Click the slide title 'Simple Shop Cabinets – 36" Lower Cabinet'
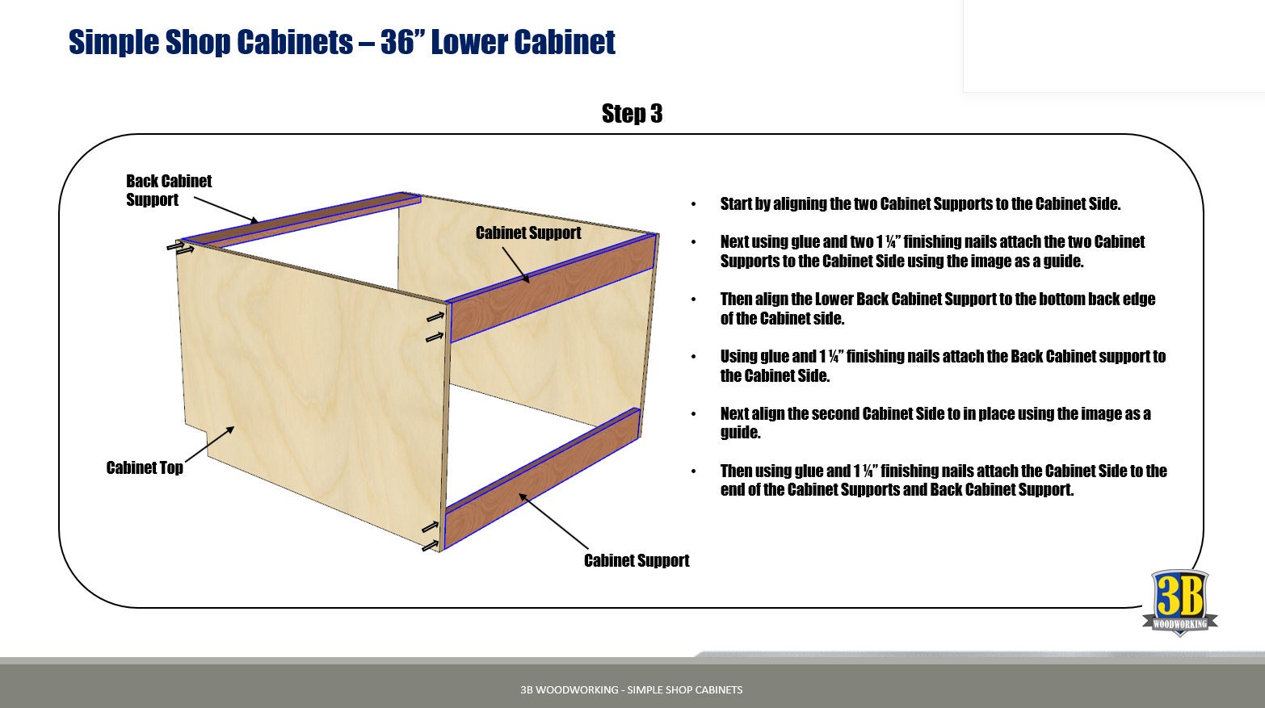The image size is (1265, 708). [x=342, y=42]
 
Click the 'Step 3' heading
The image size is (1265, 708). [x=632, y=114]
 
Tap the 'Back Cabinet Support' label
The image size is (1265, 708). [x=168, y=191]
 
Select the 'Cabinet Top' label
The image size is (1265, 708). [x=145, y=468]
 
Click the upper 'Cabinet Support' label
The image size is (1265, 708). [x=528, y=233]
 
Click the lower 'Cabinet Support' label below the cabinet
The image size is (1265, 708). [x=637, y=561]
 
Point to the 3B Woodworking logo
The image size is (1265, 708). [x=1179, y=602]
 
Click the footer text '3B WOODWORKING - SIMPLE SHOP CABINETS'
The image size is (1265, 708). [x=632, y=689]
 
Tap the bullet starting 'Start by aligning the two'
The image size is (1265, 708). [x=920, y=204]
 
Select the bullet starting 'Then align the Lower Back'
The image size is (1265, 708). [x=937, y=309]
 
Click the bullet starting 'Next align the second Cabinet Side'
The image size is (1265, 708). [x=935, y=423]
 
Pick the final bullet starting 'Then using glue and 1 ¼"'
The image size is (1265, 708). [x=943, y=480]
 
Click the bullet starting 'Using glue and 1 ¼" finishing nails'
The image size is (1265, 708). [x=942, y=366]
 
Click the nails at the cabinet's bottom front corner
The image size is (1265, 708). [x=431, y=537]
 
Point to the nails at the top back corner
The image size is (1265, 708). [x=180, y=247]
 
